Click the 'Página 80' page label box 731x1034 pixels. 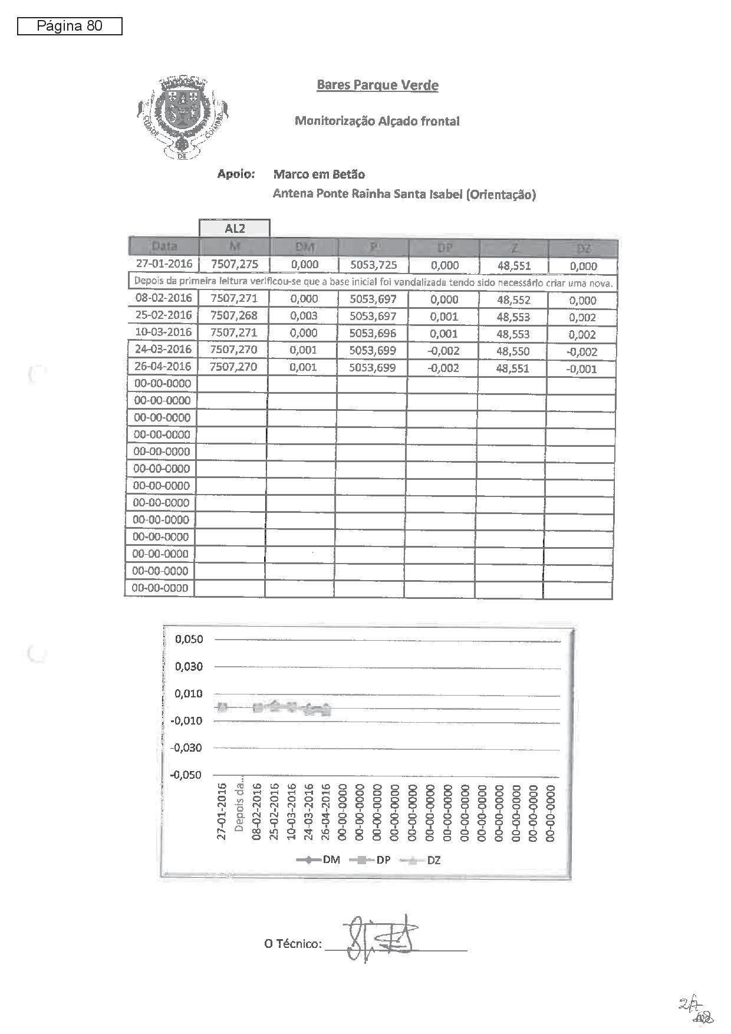click(x=70, y=26)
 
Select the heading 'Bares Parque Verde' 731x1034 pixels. click(x=377, y=85)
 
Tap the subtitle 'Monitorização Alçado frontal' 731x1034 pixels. click(x=377, y=121)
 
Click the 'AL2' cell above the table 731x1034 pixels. click(x=235, y=228)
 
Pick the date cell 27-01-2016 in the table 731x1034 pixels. click(x=164, y=264)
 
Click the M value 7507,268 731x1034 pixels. click(x=234, y=315)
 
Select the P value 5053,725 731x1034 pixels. click(x=373, y=265)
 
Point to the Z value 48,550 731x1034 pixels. click(x=513, y=351)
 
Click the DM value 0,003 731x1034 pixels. click(x=304, y=315)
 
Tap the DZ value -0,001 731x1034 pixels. click(x=582, y=369)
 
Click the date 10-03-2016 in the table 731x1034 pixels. click(x=163, y=332)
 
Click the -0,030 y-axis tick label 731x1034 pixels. click(x=186, y=747)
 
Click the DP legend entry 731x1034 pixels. click(x=371, y=860)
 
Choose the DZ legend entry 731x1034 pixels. click(x=422, y=860)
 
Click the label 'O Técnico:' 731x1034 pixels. click(x=293, y=944)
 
